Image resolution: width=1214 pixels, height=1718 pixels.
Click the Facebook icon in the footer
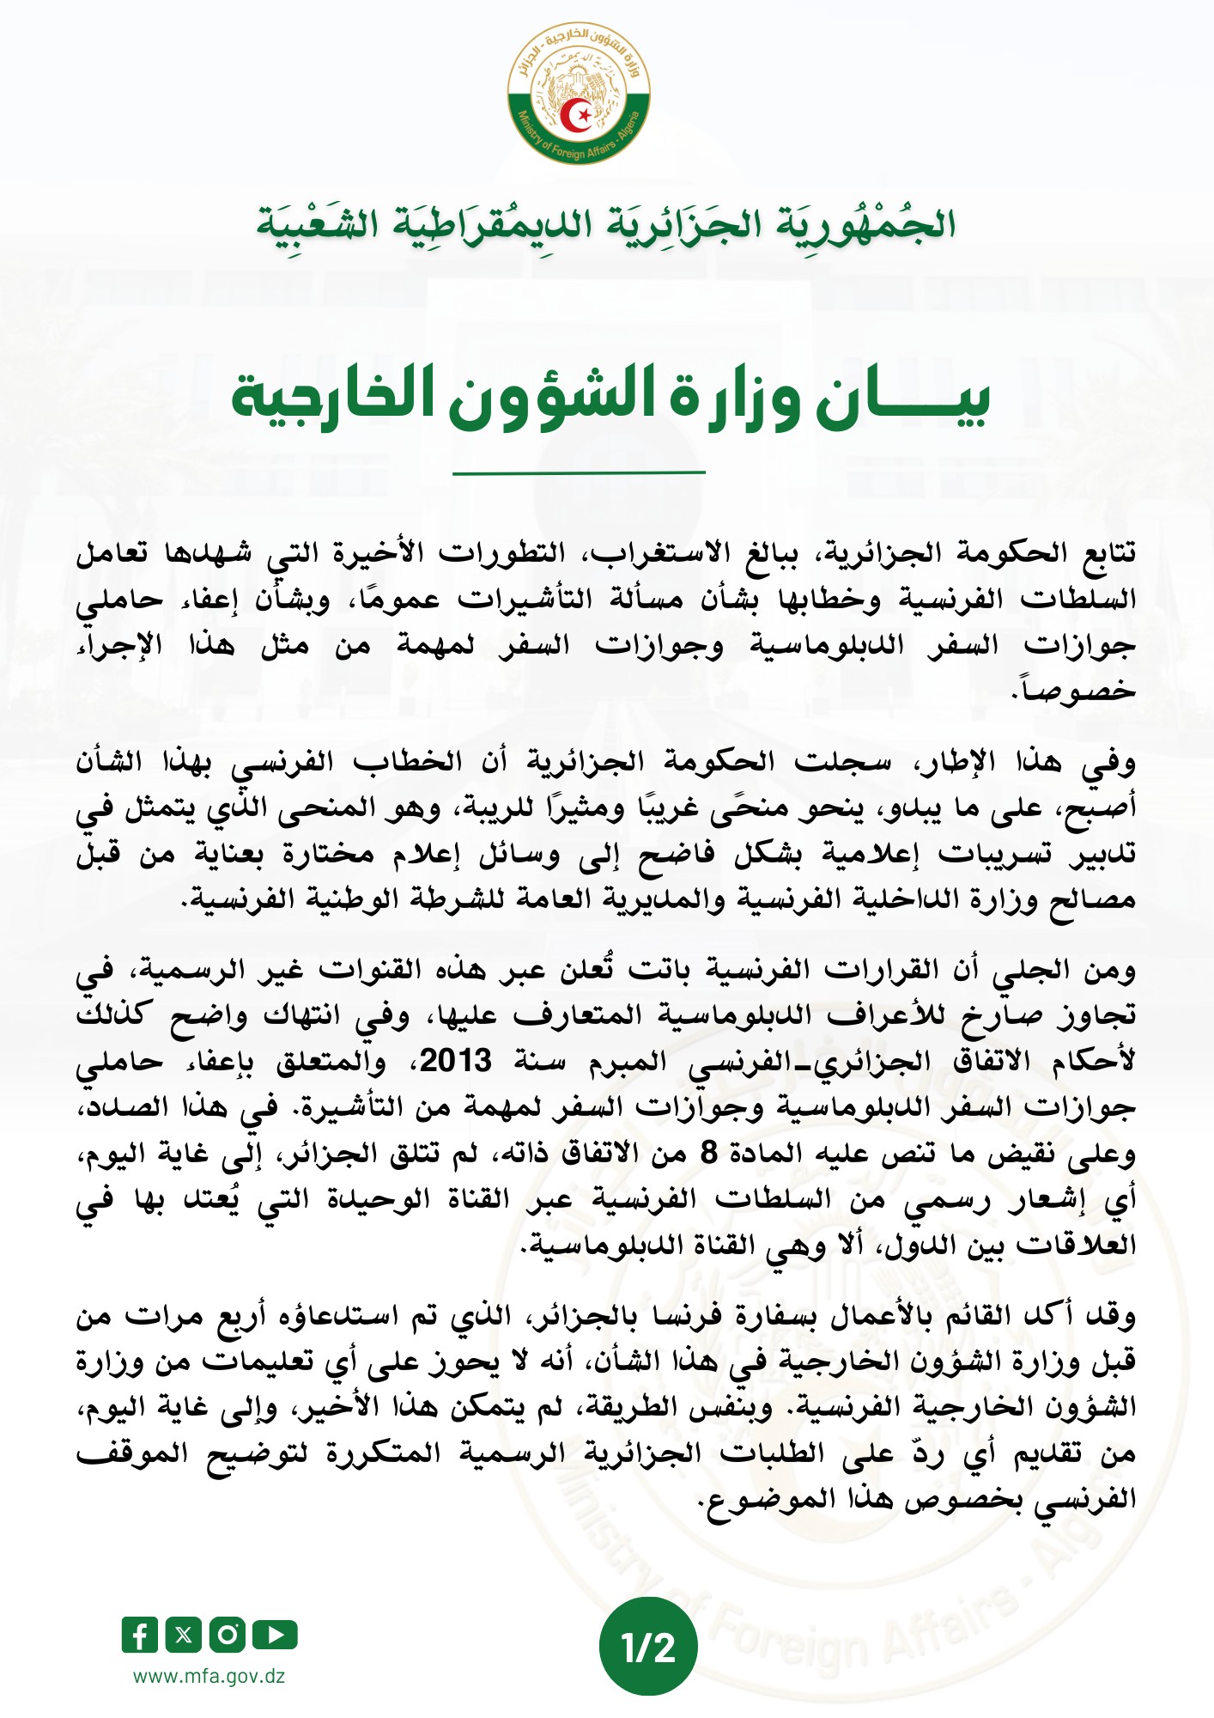[x=140, y=1635]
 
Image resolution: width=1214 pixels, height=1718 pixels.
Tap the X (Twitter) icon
[x=183, y=1635]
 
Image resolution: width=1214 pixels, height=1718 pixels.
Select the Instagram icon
[x=228, y=1635]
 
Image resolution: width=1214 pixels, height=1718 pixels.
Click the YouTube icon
[x=276, y=1635]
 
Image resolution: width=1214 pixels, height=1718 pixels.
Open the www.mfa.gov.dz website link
[x=209, y=1676]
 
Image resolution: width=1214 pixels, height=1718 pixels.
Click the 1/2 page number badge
[x=648, y=1647]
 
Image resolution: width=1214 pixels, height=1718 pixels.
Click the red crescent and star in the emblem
[x=579, y=114]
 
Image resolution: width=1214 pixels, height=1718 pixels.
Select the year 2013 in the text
[x=455, y=1061]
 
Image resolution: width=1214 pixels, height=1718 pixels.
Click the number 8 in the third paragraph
[x=708, y=1153]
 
